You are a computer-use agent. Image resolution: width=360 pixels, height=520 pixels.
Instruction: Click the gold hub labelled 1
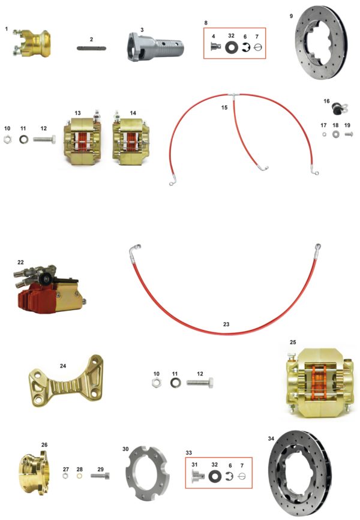[x=32, y=43]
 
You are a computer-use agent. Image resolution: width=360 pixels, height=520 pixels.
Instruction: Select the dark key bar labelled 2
[x=91, y=48]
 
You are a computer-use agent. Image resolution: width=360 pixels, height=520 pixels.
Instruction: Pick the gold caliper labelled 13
[x=82, y=140]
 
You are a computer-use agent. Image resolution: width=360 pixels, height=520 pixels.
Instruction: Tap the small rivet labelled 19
[x=349, y=134]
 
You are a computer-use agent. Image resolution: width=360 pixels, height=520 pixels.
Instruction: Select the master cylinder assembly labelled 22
[x=49, y=288]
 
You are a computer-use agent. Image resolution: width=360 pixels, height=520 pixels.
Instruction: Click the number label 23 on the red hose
[x=226, y=324]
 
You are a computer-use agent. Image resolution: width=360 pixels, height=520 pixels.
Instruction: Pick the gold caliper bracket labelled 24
[x=66, y=381]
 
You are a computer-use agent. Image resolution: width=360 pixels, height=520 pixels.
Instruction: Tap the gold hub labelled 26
[x=34, y=469]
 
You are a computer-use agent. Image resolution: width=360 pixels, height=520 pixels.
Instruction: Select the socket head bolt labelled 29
[x=100, y=476]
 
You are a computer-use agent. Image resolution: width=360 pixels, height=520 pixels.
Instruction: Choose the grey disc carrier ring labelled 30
[x=147, y=474]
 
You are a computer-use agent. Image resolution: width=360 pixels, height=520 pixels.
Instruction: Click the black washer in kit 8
[x=232, y=47]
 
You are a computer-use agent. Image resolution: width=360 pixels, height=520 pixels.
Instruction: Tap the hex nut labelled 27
[x=65, y=476]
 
